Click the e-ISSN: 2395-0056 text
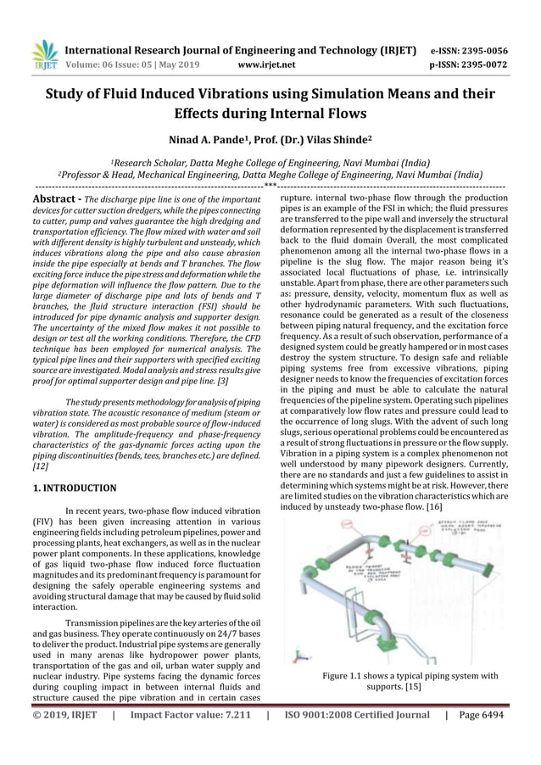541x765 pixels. [x=469, y=50]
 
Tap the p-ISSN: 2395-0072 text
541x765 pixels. [x=469, y=64]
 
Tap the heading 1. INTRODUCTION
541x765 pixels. [x=74, y=488]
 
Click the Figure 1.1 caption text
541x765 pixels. [x=410, y=676]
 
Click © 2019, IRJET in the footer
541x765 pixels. [x=66, y=715]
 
